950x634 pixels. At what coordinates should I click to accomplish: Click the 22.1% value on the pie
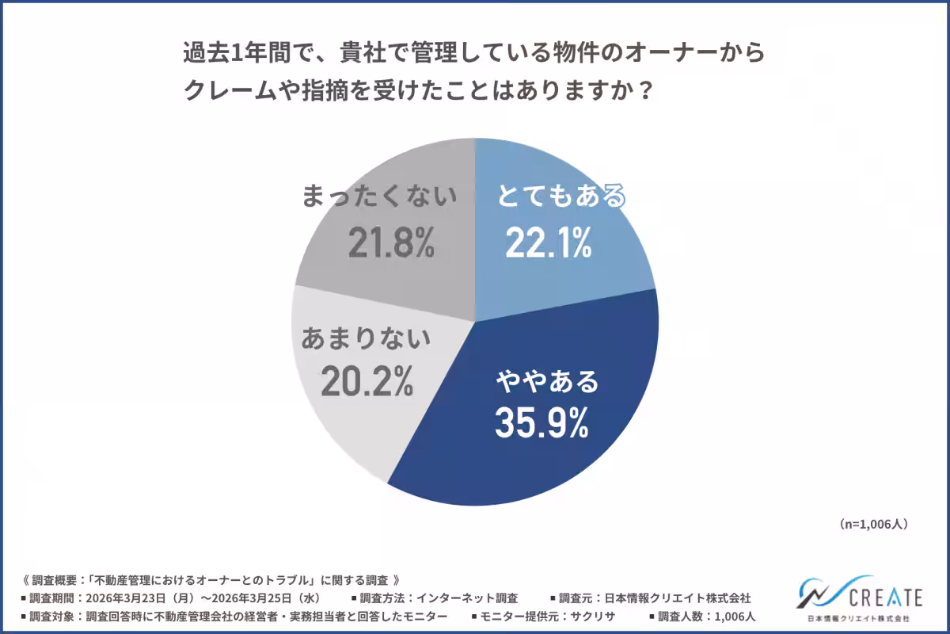pyautogui.click(x=548, y=244)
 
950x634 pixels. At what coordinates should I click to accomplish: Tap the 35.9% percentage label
pyautogui.click(x=541, y=424)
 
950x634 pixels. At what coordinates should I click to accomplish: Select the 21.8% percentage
pyautogui.click(x=391, y=244)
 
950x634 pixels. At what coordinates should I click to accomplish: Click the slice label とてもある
pyautogui.click(x=561, y=197)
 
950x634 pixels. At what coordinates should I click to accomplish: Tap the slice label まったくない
pyautogui.click(x=380, y=197)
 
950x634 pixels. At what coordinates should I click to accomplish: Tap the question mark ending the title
pyautogui.click(x=645, y=90)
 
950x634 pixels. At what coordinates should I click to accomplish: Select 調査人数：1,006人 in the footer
pyautogui.click(x=709, y=616)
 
